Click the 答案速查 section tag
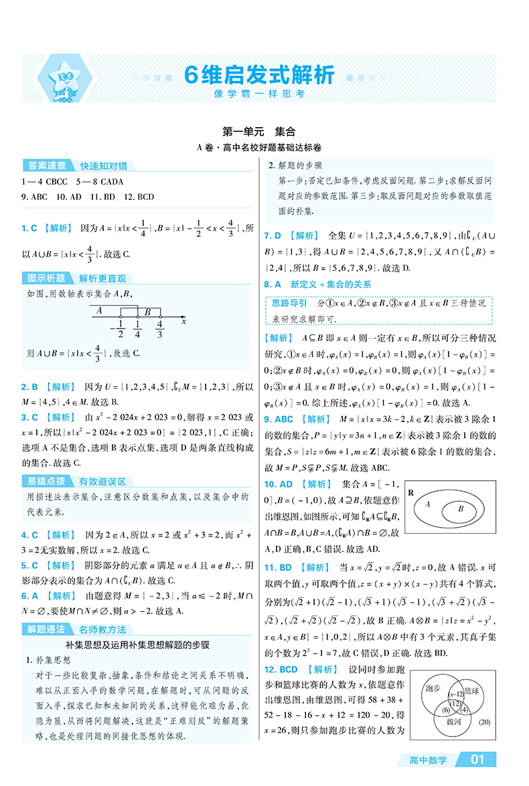pos(44,165)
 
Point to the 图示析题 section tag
pos(44,278)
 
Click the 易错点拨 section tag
pos(44,481)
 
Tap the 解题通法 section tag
pos(44,629)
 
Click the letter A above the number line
pos(98,310)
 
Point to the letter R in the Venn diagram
pos(411,492)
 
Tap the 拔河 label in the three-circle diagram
pos(453,722)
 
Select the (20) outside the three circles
pos(485,721)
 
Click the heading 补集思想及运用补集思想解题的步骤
pos(138,646)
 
